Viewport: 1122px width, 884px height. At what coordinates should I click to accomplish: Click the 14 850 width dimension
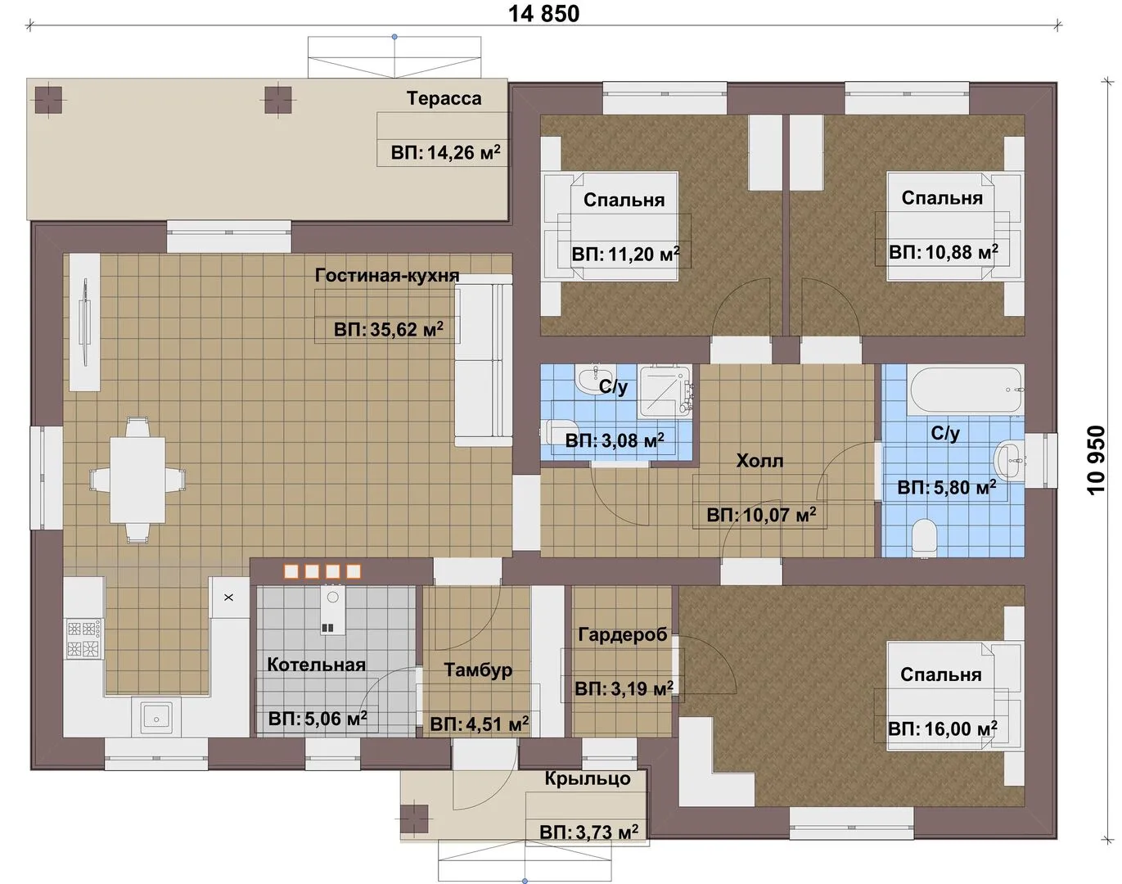(x=543, y=14)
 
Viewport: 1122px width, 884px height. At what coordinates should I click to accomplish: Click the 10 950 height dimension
(x=1096, y=459)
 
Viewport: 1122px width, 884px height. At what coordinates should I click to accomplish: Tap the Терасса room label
(x=444, y=98)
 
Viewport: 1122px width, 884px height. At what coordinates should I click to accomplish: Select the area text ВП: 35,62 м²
(x=389, y=330)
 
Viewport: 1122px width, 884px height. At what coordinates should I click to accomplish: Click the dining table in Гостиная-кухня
(x=137, y=480)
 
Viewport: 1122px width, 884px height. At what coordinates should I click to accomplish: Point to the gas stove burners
(x=83, y=638)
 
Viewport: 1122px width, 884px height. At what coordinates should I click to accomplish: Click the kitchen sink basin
(x=156, y=719)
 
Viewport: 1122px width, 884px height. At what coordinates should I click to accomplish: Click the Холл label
(x=759, y=461)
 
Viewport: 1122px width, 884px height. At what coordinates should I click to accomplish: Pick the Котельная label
(x=316, y=665)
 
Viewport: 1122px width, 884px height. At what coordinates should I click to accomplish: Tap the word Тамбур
(x=478, y=670)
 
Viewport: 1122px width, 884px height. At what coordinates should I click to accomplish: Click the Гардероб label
(x=623, y=634)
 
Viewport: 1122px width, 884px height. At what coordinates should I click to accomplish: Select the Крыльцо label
(x=588, y=778)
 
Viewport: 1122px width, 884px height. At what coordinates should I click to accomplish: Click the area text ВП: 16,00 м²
(x=943, y=728)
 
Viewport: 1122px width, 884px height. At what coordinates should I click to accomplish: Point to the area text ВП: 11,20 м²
(x=625, y=254)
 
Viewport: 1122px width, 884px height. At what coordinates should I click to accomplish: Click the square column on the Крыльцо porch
(x=414, y=819)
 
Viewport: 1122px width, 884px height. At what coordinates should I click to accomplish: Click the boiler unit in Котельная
(x=332, y=610)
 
